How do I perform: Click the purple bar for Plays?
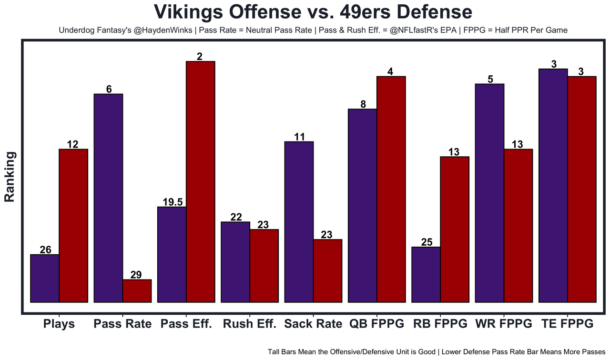tap(45, 278)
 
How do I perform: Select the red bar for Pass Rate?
tap(137, 290)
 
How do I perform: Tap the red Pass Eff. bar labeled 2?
tap(201, 181)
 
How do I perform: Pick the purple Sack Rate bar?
tap(299, 221)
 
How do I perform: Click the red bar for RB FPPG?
tap(455, 229)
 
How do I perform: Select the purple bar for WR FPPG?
tap(489, 193)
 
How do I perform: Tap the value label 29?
tap(136, 275)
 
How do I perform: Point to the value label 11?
tap(299, 137)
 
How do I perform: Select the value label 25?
tap(427, 242)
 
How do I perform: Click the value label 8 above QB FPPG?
tap(363, 104)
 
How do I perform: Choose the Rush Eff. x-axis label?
tap(250, 324)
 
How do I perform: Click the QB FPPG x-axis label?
tap(376, 324)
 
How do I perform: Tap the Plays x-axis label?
tap(59, 324)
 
